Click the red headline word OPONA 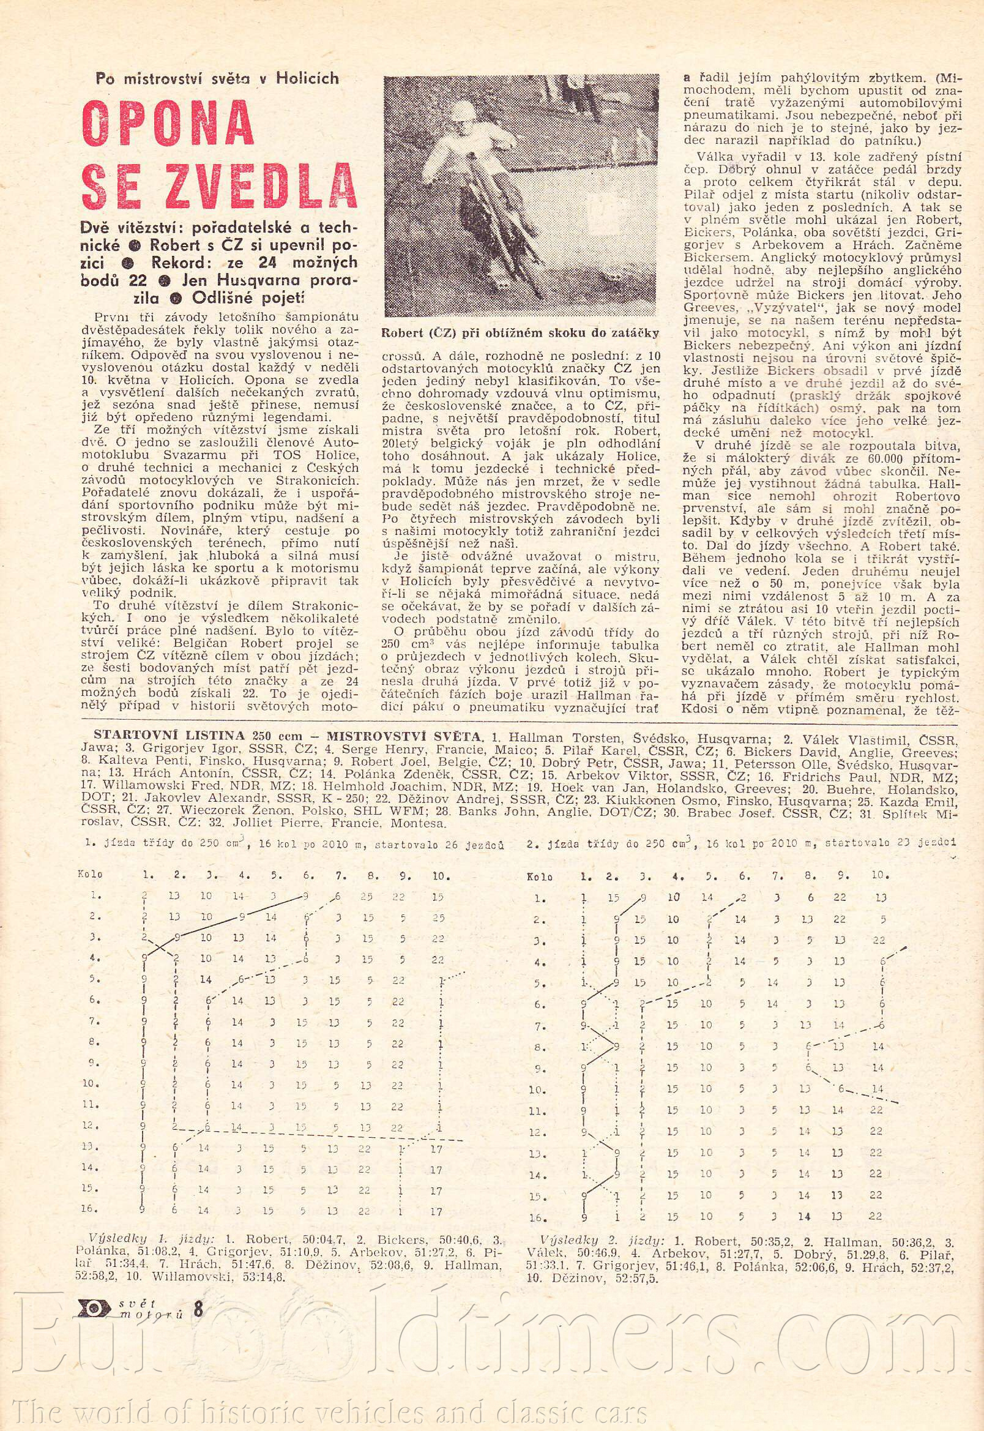tap(168, 121)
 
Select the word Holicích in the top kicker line tap(308, 78)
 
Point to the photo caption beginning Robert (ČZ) tap(520, 333)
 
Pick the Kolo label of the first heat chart tap(89, 873)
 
